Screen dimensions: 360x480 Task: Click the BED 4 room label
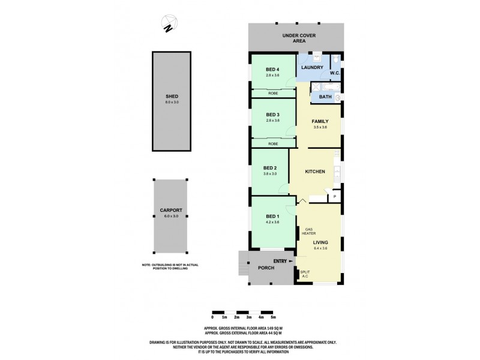click(x=272, y=68)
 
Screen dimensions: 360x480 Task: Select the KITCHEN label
click(x=314, y=172)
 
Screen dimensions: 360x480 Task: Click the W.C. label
click(x=335, y=73)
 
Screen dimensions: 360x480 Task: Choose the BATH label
click(x=325, y=97)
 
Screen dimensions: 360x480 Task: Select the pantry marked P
click(x=334, y=196)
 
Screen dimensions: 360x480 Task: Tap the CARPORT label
click(x=171, y=210)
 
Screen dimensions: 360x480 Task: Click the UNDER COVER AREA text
click(x=296, y=39)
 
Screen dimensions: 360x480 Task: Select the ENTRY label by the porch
click(x=280, y=261)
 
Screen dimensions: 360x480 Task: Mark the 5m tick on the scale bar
click(x=273, y=317)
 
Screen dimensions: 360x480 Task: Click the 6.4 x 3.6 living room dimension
click(x=321, y=248)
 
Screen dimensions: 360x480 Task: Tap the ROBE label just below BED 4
click(x=272, y=94)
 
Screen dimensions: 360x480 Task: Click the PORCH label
click(x=266, y=268)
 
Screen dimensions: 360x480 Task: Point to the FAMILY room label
click(x=320, y=121)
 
